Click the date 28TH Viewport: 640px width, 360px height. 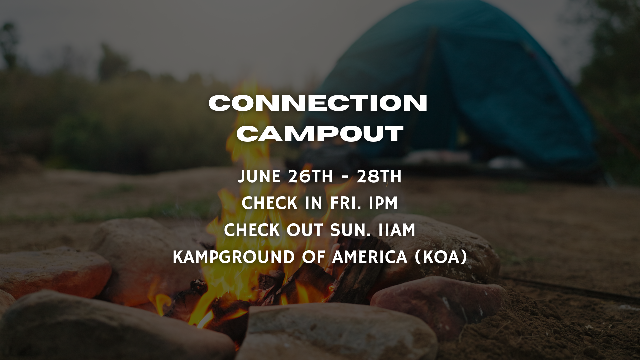coord(379,176)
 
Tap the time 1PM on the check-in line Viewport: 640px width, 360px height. coord(384,203)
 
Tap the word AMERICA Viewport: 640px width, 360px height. coord(370,257)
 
